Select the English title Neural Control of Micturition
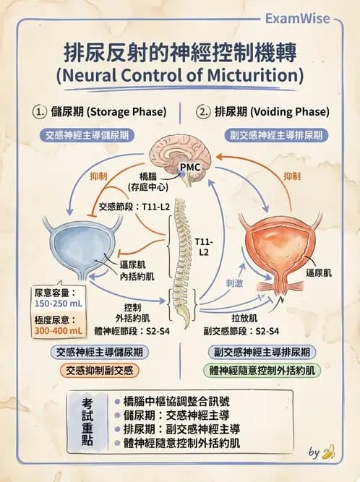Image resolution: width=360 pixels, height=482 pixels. pyautogui.click(x=179, y=75)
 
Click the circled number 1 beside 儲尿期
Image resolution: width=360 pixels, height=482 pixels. pyautogui.click(x=40, y=112)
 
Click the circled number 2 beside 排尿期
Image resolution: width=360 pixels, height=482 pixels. pyautogui.click(x=204, y=112)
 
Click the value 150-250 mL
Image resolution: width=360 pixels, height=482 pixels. pyautogui.click(x=59, y=305)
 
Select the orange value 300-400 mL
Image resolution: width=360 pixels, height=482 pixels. pyautogui.click(x=59, y=331)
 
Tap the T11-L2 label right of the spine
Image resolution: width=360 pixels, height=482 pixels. pyautogui.click(x=205, y=245)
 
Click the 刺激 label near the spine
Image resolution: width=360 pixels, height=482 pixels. pyautogui.click(x=234, y=283)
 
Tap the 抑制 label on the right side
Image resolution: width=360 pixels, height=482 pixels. pyautogui.click(x=291, y=176)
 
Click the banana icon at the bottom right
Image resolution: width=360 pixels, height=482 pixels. pyautogui.click(x=329, y=453)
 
